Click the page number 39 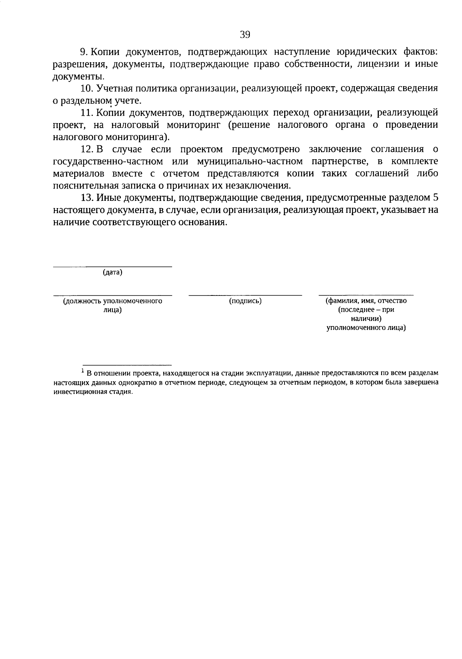245,35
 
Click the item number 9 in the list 82,52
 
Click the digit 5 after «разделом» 435,198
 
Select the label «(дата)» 112,273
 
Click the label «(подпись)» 245,301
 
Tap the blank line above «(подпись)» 245,295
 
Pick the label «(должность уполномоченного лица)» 112,305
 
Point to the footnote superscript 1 82,371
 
